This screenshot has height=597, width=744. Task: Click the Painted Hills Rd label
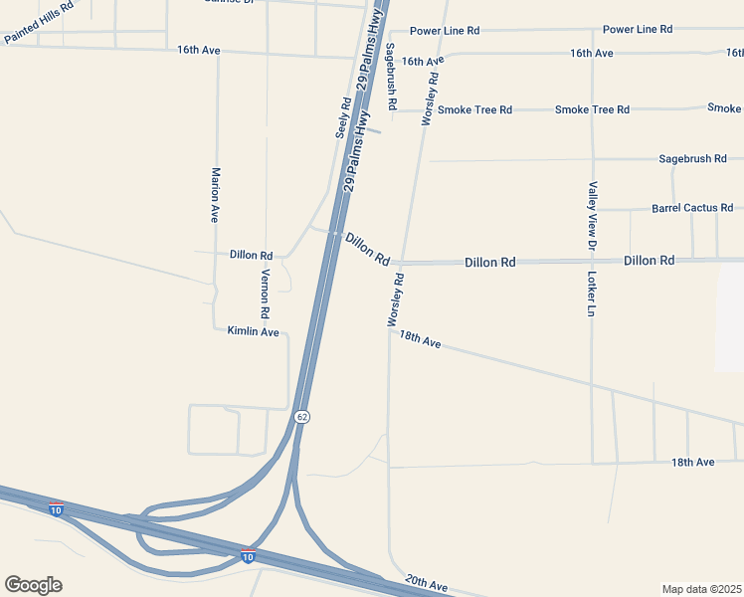coord(39,22)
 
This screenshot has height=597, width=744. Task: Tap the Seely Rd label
coord(344,116)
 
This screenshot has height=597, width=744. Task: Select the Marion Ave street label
coord(214,194)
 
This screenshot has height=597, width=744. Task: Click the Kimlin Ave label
coord(253,331)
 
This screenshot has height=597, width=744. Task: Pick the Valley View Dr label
coord(592,215)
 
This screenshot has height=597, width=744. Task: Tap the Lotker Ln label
coord(591,295)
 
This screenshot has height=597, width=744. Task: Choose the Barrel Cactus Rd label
coord(692,209)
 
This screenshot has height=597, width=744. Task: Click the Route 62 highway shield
coord(302,416)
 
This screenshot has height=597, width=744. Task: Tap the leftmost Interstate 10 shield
coord(56,508)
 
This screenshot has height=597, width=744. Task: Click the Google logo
coord(33,585)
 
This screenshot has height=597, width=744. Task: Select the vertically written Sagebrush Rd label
coord(392,76)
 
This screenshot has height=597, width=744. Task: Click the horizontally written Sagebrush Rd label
coord(693,158)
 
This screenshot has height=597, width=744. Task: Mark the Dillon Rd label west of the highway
coord(251,255)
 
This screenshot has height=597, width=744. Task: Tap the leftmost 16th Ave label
coord(198,50)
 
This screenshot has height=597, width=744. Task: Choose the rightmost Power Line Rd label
coord(638,30)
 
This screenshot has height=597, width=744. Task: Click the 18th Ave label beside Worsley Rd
coord(420,340)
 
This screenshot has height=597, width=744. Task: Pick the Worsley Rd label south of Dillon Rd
coord(394,299)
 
